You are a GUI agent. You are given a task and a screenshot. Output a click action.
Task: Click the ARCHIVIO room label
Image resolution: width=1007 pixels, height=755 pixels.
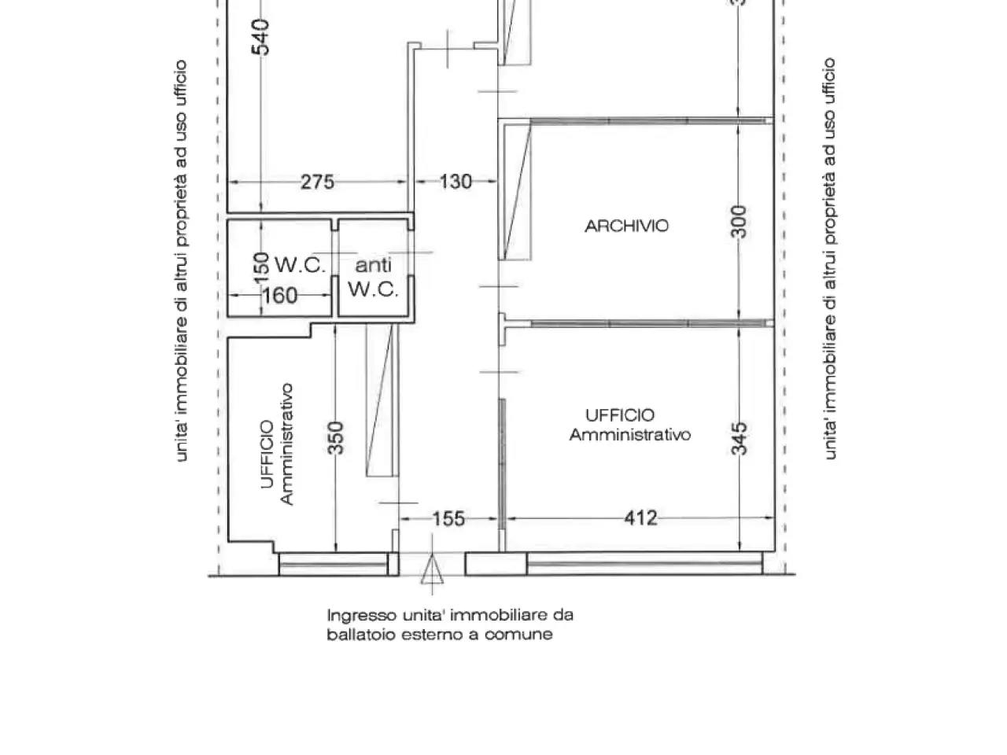(x=626, y=226)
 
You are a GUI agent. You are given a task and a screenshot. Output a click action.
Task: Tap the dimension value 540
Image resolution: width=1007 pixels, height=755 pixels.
(x=261, y=37)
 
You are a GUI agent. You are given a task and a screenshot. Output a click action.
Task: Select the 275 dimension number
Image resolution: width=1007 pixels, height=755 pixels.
(x=317, y=182)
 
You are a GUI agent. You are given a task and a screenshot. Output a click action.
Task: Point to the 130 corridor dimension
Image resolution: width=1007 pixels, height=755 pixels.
(x=456, y=182)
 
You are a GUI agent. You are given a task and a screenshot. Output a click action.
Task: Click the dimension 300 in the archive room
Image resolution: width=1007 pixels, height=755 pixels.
(x=739, y=222)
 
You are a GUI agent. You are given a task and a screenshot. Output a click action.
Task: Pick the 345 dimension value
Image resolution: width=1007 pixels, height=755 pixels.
(x=739, y=439)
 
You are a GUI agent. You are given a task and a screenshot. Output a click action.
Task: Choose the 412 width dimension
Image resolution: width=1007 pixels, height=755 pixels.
(x=640, y=518)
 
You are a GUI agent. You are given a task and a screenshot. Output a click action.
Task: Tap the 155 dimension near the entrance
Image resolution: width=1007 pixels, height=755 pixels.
(x=448, y=519)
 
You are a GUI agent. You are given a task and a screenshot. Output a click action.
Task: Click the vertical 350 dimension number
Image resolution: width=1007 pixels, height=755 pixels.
(x=336, y=438)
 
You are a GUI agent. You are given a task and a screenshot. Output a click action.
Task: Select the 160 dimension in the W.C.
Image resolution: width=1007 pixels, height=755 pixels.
(x=280, y=295)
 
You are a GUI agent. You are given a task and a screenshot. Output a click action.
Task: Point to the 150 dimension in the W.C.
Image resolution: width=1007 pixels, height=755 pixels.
(x=261, y=269)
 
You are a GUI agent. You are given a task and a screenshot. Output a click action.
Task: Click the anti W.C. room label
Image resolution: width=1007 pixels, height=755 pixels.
(x=373, y=277)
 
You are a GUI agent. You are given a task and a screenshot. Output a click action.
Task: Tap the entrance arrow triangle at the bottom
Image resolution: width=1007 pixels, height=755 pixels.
(x=432, y=569)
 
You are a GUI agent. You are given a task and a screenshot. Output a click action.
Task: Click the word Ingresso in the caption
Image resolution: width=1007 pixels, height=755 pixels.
(x=361, y=616)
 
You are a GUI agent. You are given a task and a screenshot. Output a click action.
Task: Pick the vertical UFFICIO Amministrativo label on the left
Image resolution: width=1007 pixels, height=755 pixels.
(x=277, y=444)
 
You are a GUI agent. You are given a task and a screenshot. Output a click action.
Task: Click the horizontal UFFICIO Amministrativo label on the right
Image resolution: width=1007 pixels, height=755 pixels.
(x=629, y=425)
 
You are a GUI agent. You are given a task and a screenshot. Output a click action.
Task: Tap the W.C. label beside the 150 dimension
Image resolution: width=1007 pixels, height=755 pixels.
(x=300, y=265)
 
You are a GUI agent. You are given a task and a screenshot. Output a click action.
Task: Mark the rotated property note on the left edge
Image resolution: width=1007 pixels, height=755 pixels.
(x=182, y=260)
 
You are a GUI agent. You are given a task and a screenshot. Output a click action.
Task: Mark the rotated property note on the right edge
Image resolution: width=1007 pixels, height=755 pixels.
(x=829, y=259)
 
